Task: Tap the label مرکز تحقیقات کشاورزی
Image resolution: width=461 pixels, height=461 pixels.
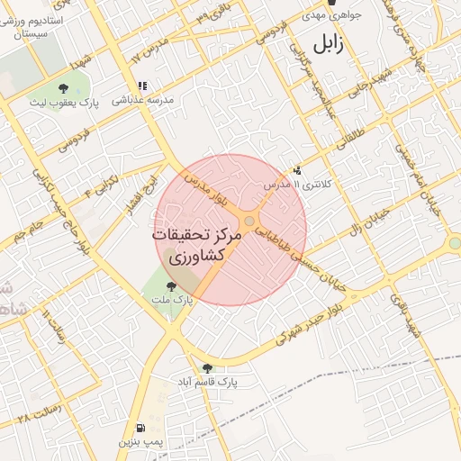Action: pos(198,244)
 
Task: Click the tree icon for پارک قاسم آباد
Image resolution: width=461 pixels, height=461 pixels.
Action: pos(208,367)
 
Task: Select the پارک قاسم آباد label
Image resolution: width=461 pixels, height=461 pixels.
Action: pos(206,382)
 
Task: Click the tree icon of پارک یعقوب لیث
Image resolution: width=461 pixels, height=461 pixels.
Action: pos(63,87)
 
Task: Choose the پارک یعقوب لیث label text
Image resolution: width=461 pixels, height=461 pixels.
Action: pos(64,103)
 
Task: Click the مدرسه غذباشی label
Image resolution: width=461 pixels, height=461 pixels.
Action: pos(142,101)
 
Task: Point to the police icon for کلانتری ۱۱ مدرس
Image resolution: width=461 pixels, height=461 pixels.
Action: pos(298,169)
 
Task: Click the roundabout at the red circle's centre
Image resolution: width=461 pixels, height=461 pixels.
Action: pos(249,221)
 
